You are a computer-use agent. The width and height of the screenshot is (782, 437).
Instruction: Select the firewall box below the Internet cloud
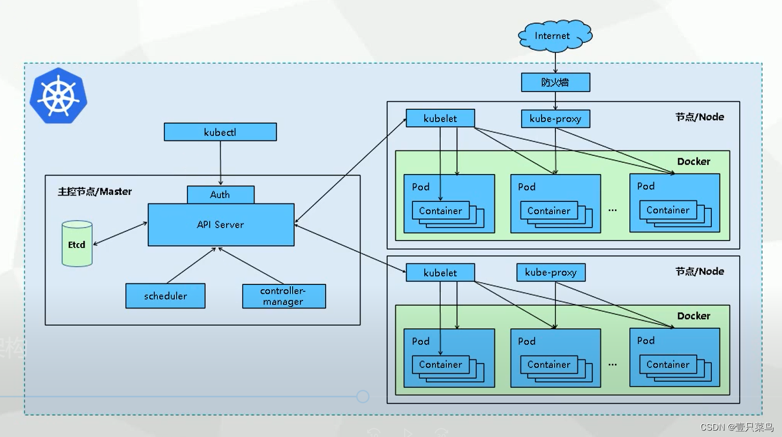tap(555, 82)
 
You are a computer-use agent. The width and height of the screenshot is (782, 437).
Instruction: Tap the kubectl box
tap(220, 132)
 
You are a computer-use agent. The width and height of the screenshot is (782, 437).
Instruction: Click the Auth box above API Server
tap(220, 195)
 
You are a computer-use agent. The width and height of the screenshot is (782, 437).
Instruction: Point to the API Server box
tap(221, 225)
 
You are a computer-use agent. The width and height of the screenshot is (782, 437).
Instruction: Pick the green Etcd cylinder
tap(77, 244)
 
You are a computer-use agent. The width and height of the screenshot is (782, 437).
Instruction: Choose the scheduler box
tap(165, 296)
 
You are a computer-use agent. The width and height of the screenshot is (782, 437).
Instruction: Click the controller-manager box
tap(284, 296)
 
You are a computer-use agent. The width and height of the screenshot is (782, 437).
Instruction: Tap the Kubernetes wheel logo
tap(58, 96)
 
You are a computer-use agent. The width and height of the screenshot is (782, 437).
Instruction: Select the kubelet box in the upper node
tap(440, 118)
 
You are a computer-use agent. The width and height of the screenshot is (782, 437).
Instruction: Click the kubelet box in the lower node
tap(440, 273)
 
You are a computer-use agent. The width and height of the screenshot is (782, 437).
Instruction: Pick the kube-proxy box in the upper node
tap(555, 119)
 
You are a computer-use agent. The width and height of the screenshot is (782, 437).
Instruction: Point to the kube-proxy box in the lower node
tap(551, 273)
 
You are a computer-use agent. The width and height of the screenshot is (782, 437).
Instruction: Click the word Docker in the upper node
tap(693, 162)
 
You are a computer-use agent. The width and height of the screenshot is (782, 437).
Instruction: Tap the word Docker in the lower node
tap(693, 316)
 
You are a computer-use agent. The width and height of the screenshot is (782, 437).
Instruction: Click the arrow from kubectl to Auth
tap(220, 163)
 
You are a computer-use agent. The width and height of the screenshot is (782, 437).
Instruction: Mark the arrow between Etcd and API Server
tap(121, 233)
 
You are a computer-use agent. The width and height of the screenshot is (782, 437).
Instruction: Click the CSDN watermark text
tap(736, 427)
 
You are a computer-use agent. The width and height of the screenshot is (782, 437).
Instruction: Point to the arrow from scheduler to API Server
tap(191, 266)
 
